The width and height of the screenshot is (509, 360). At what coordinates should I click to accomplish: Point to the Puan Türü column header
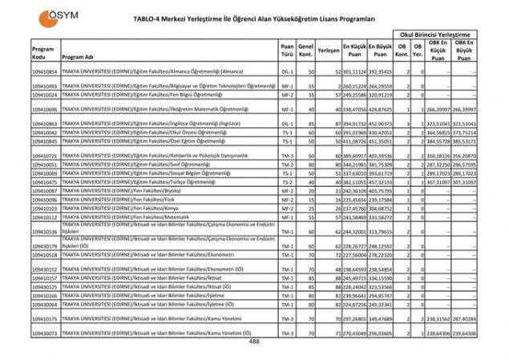(287, 53)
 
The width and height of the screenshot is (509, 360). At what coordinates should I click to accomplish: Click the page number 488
(254, 342)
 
